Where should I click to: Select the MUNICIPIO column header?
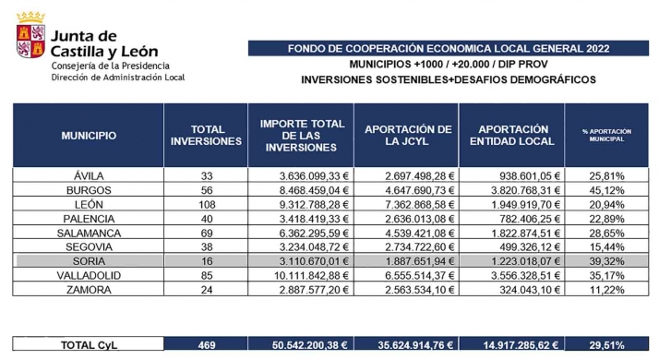click(x=89, y=136)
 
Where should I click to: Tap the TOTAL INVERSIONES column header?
click(x=207, y=136)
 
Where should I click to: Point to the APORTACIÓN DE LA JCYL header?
click(x=407, y=136)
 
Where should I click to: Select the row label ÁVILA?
click(x=89, y=174)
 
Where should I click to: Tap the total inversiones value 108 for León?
click(x=207, y=204)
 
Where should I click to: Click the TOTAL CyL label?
click(x=89, y=345)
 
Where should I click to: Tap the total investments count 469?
click(x=207, y=345)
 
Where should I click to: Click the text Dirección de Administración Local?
click(x=118, y=77)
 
